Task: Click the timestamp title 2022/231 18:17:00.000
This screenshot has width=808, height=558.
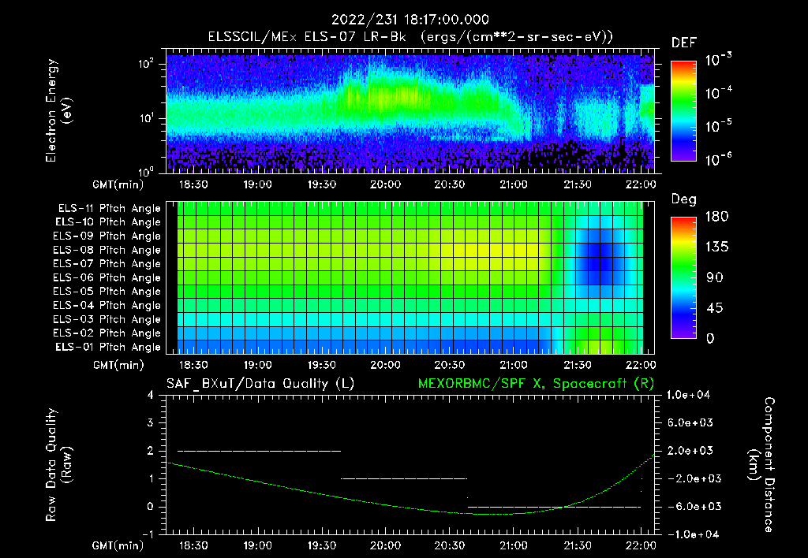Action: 410,20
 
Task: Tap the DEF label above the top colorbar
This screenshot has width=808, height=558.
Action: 683,43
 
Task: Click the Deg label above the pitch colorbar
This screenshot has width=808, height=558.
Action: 683,199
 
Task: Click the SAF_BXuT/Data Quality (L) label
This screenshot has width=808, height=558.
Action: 260,383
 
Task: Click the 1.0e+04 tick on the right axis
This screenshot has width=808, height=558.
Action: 690,395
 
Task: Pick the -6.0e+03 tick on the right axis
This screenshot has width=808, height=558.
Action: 690,506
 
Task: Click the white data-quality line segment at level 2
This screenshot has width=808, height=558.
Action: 259,451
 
